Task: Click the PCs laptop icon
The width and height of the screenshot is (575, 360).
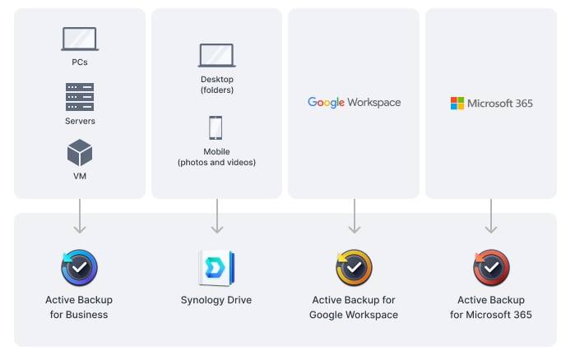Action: coord(80,39)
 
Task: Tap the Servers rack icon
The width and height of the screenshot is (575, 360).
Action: coord(80,97)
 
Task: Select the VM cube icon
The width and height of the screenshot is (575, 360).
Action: coord(80,153)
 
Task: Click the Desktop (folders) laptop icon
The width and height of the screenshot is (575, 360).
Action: coord(217,56)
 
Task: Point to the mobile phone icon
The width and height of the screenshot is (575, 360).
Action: coord(216,128)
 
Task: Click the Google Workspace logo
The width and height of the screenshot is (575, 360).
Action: coord(354,103)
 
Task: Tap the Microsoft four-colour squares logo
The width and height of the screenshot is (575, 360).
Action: coord(457,104)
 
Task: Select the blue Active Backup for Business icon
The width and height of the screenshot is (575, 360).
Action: coord(80,268)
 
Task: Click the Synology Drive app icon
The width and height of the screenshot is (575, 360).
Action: coord(217,268)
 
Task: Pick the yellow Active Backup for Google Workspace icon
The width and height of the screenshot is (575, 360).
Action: coord(354,268)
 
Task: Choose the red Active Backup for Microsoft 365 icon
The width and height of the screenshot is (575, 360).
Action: coord(491,268)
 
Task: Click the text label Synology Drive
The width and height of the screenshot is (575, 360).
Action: coord(216,300)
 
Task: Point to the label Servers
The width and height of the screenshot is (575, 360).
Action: coord(80,122)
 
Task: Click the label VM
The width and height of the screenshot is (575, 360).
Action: coord(80,176)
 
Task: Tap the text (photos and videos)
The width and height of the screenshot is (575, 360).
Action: coord(216,163)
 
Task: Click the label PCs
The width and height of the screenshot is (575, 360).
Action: coord(80,62)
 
